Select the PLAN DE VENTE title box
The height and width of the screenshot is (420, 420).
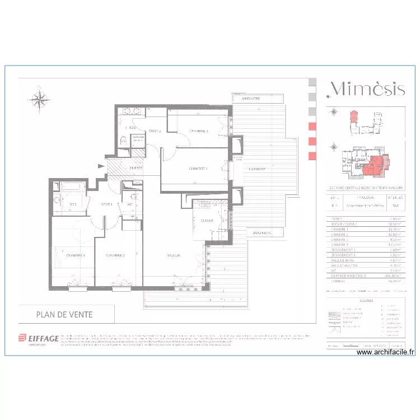point(65,315)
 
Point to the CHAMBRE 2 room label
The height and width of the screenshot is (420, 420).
point(115,255)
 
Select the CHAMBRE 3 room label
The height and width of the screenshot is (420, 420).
point(198,131)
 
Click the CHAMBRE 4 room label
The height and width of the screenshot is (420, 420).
point(198,168)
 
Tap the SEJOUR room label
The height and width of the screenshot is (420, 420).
point(173,255)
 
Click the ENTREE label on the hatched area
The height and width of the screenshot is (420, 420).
point(136,168)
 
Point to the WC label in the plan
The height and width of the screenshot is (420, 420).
point(130,204)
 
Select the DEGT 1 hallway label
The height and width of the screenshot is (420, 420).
point(106,204)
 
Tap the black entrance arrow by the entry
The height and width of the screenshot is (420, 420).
point(101,165)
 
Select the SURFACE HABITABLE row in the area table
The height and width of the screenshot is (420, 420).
point(364,276)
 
